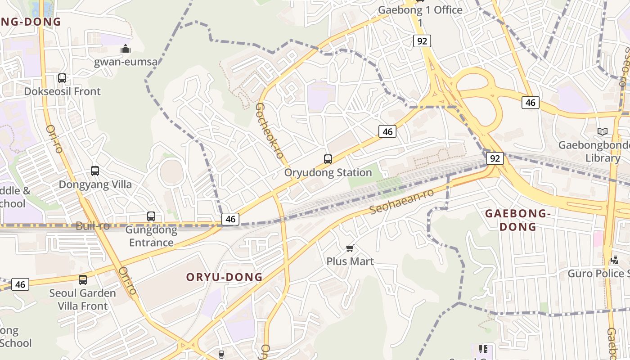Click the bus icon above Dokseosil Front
pyautogui.click(x=62, y=78)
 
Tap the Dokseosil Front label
pyautogui.click(x=62, y=91)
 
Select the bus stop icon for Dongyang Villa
pyautogui.click(x=95, y=171)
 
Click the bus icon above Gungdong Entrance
pyautogui.click(x=151, y=216)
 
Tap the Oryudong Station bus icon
pyautogui.click(x=328, y=159)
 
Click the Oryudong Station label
pyautogui.click(x=328, y=172)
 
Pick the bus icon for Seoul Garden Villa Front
pyautogui.click(x=83, y=280)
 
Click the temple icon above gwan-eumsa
pyautogui.click(x=126, y=49)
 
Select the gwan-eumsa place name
pyautogui.click(x=126, y=62)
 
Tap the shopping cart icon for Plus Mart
pyautogui.click(x=350, y=248)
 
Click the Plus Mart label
pyautogui.click(x=350, y=261)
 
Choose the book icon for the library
pyautogui.click(x=603, y=131)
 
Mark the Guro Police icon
pyautogui.click(x=615, y=260)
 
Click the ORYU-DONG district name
pyautogui.click(x=224, y=277)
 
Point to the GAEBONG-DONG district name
pyautogui.click(x=518, y=220)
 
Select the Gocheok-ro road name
pyautogui.click(x=269, y=130)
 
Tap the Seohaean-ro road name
pyautogui.click(x=401, y=202)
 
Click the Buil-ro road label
pyautogui.click(x=93, y=226)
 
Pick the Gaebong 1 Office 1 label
pyautogui.click(x=420, y=16)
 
